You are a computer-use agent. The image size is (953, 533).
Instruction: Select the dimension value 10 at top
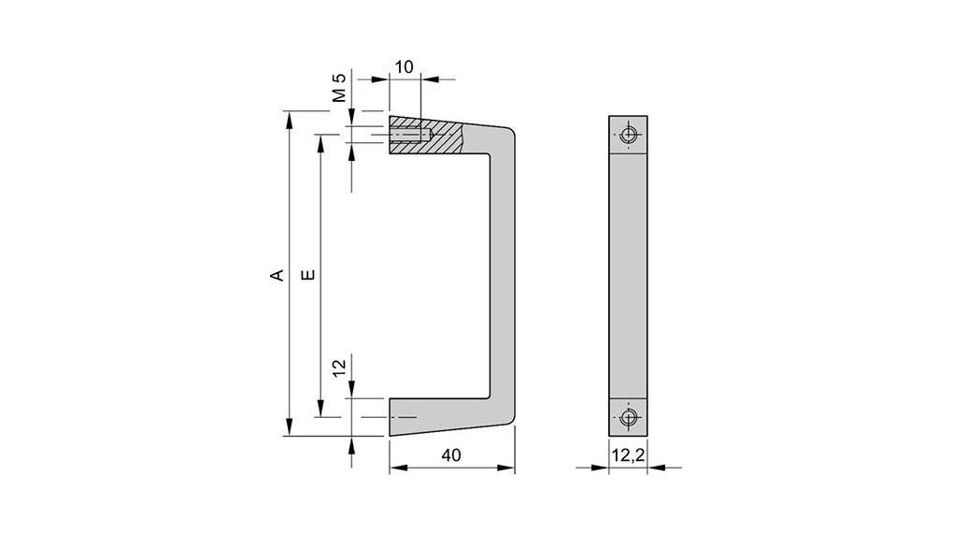[404, 67]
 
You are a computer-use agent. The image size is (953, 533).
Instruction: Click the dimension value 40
[451, 455]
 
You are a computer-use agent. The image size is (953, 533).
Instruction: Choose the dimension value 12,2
[627, 455]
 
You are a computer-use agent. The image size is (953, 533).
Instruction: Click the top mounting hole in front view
[629, 136]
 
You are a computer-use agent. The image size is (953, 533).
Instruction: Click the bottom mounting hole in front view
[629, 416]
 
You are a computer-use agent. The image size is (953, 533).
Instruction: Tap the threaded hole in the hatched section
[409, 137]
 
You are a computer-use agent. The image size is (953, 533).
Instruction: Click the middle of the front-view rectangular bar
[629, 276]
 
